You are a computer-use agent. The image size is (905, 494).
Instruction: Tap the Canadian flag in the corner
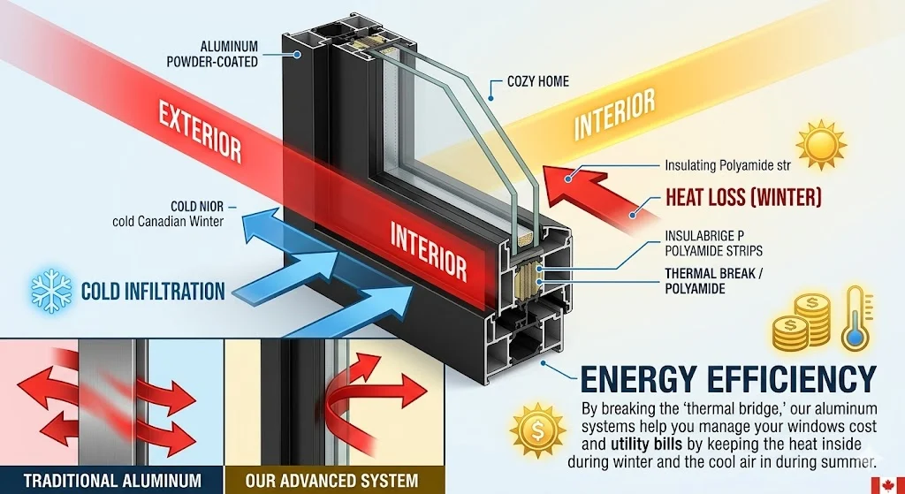[887, 485]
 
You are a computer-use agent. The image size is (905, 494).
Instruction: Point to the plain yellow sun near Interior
[820, 145]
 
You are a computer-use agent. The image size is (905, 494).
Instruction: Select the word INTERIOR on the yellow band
[614, 114]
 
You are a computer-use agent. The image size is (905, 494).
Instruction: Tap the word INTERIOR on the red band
[428, 248]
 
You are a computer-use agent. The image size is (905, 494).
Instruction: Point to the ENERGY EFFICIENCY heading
[728, 377]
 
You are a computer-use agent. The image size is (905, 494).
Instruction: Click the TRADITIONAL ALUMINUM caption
[112, 481]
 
